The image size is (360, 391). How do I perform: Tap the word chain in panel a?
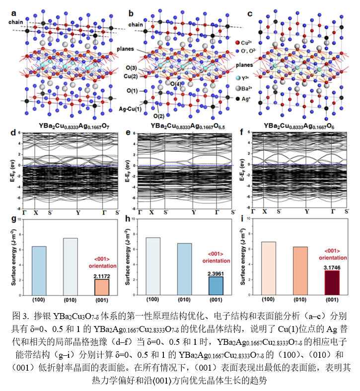click(15, 22)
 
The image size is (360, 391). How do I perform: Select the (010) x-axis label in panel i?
click(301, 299)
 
